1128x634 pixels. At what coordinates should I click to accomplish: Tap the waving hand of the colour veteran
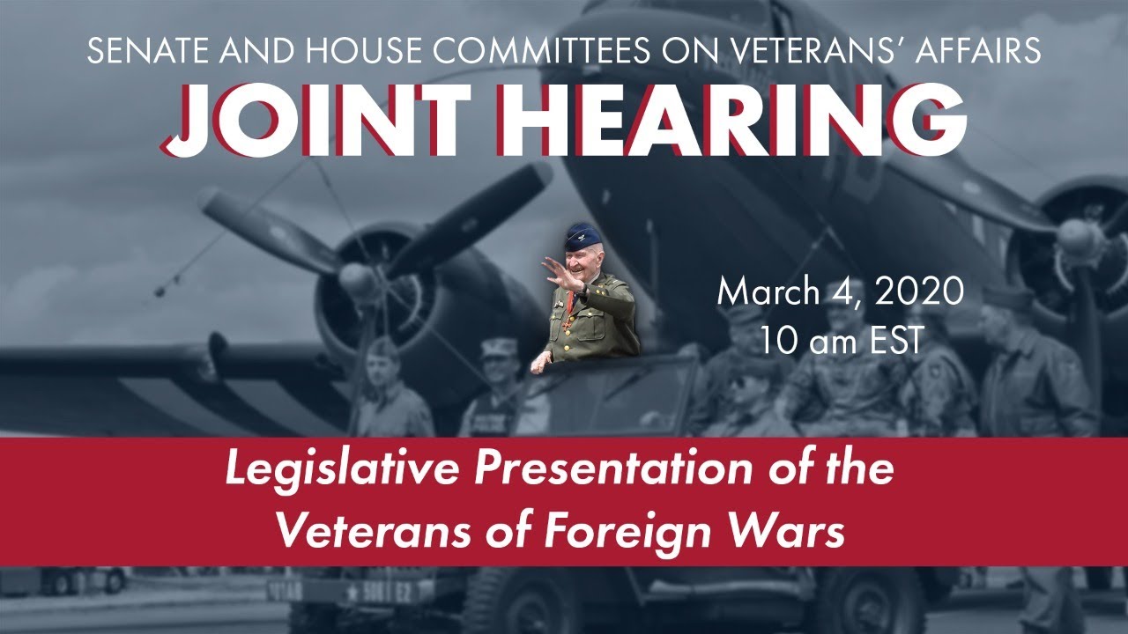[x=559, y=269]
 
